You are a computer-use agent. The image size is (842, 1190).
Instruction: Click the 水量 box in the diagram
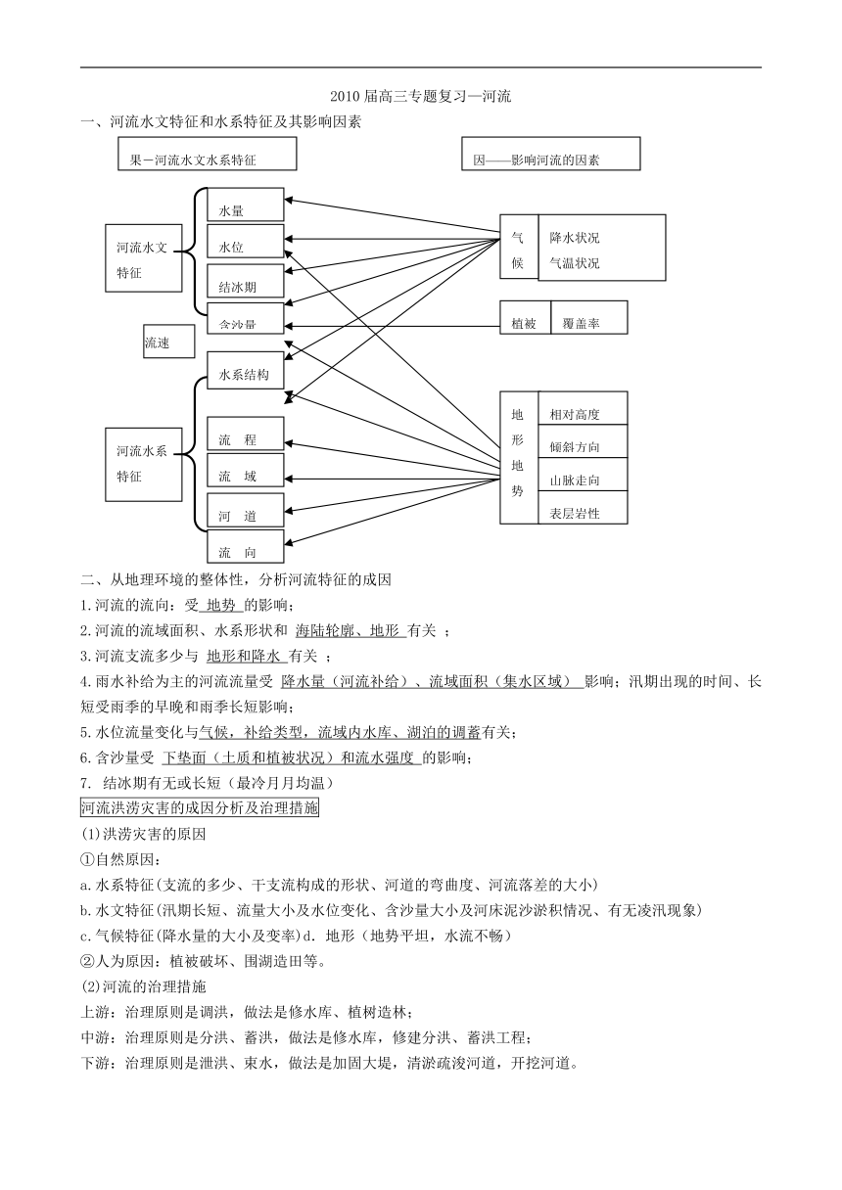245,204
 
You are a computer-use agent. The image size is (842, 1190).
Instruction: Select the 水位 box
245,241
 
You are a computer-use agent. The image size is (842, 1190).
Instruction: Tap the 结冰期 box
245,281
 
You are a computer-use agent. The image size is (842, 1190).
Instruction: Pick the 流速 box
169,342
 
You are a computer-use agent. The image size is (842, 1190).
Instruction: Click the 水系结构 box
245,370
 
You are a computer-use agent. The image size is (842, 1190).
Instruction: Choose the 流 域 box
245,470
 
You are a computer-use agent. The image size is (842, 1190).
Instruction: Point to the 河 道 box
245,510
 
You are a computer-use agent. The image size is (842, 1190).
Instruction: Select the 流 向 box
245,547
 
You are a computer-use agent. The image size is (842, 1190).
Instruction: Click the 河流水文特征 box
144,258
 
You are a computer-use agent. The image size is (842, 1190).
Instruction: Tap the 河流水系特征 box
144,465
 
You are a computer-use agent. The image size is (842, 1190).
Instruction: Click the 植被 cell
525,318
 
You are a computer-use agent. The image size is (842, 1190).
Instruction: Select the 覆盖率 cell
589,318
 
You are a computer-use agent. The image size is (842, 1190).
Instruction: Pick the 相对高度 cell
584,408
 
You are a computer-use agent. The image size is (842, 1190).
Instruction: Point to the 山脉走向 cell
584,475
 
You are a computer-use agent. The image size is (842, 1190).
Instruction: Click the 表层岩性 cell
584,507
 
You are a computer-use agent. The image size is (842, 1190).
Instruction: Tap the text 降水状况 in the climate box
575,238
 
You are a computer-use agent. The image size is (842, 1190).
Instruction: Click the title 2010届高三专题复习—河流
420,96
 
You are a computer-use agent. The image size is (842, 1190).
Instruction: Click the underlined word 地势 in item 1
221,605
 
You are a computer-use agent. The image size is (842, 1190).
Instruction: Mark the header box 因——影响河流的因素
550,154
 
